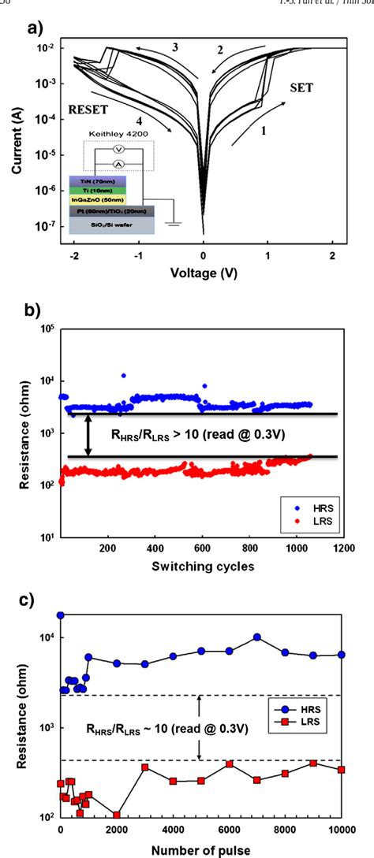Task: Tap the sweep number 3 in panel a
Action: pyautogui.click(x=175, y=48)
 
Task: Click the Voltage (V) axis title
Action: pyautogui.click(x=203, y=273)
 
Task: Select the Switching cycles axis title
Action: pyautogui.click(x=202, y=568)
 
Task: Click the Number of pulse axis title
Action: pyautogui.click(x=202, y=848)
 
